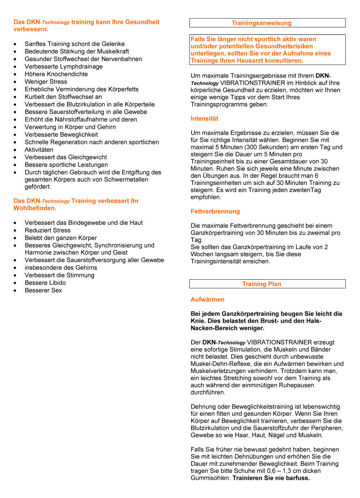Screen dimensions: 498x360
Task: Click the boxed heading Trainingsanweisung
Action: pyautogui.click(x=261, y=23)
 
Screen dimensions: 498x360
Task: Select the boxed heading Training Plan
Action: pyautogui.click(x=261, y=284)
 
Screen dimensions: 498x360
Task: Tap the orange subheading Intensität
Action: pyautogui.click(x=204, y=119)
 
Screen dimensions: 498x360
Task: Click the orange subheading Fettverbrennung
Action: pyautogui.click(x=215, y=211)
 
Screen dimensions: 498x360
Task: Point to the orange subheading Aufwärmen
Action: pyautogui.click(x=207, y=300)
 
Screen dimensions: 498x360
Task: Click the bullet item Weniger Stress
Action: pyautogui.click(x=46, y=82)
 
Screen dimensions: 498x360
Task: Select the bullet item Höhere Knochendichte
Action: pyautogui.click(x=56, y=74)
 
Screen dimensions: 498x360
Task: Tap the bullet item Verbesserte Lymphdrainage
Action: pyautogui.click(x=64, y=67)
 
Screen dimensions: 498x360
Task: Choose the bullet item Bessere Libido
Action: pyautogui.click(x=45, y=283)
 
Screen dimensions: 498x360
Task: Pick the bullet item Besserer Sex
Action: pyautogui.click(x=43, y=290)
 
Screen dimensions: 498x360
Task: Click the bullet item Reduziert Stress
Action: pyautogui.click(x=48, y=230)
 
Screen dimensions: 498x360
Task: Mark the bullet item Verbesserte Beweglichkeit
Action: pyautogui.click(x=61, y=135)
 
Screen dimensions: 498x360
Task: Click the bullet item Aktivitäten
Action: pyautogui.click(x=39, y=150)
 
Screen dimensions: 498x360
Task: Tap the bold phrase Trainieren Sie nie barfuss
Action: pyautogui.click(x=271, y=478)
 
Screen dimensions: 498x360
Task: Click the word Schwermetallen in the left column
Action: pyautogui.click(x=126, y=180)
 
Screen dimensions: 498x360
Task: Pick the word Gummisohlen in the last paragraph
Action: pyautogui.click(x=210, y=478)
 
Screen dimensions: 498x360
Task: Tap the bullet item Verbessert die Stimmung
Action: pyautogui.click(x=59, y=275)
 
